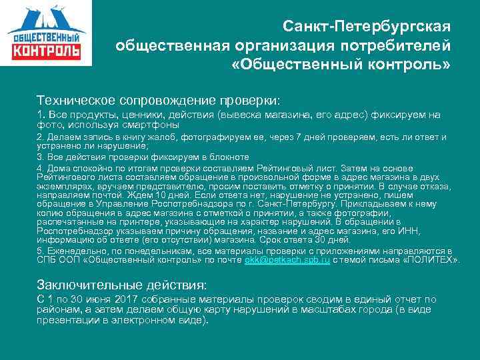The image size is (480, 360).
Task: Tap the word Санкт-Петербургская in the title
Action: point(366,27)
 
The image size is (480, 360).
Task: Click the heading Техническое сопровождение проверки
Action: point(159,99)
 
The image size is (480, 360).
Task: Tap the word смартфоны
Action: point(153,124)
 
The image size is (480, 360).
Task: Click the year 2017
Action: point(124,299)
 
